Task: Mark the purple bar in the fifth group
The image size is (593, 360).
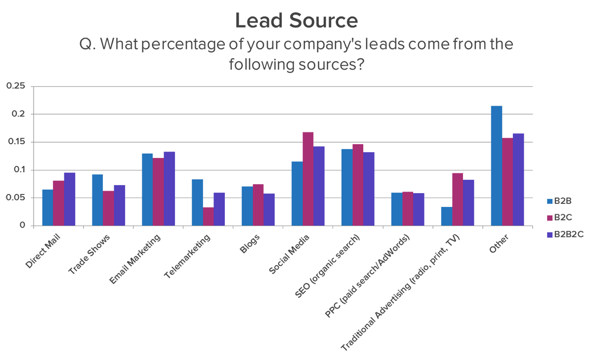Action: pos(270,205)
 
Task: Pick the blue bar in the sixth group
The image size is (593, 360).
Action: pos(295,190)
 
